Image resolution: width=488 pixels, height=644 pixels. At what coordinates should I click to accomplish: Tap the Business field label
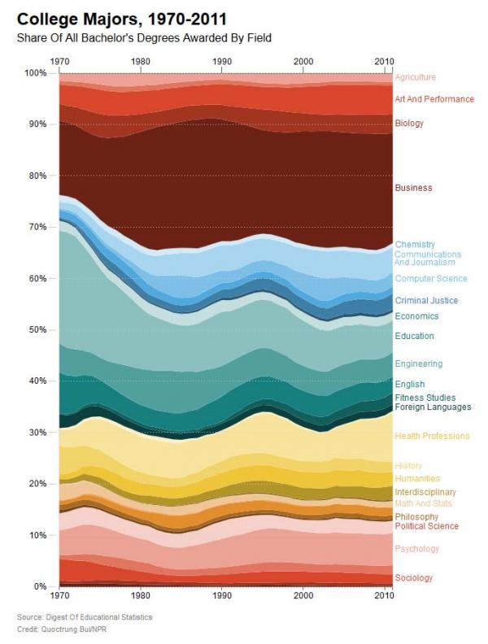point(413,188)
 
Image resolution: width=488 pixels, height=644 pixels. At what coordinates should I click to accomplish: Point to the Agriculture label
point(416,77)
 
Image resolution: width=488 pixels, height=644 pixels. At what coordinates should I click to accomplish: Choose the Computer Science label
point(431,279)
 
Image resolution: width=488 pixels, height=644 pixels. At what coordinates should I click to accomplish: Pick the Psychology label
point(416,550)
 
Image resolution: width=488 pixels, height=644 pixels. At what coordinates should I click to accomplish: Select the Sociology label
point(414,578)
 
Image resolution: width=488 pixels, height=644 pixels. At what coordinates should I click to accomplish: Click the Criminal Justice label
point(426,301)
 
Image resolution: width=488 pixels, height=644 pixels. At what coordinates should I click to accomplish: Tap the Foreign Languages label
point(433,407)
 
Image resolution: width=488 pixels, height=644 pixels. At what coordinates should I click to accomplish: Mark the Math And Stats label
point(423,504)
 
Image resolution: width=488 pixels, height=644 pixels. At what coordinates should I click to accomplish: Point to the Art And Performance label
point(434,99)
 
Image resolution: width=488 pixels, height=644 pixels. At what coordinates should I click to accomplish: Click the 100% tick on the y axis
point(37,73)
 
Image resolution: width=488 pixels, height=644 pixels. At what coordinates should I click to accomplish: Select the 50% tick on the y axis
point(38,330)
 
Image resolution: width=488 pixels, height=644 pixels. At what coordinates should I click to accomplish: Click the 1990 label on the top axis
point(221,61)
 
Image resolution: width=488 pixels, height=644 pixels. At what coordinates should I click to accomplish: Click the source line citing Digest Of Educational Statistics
point(85,618)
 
